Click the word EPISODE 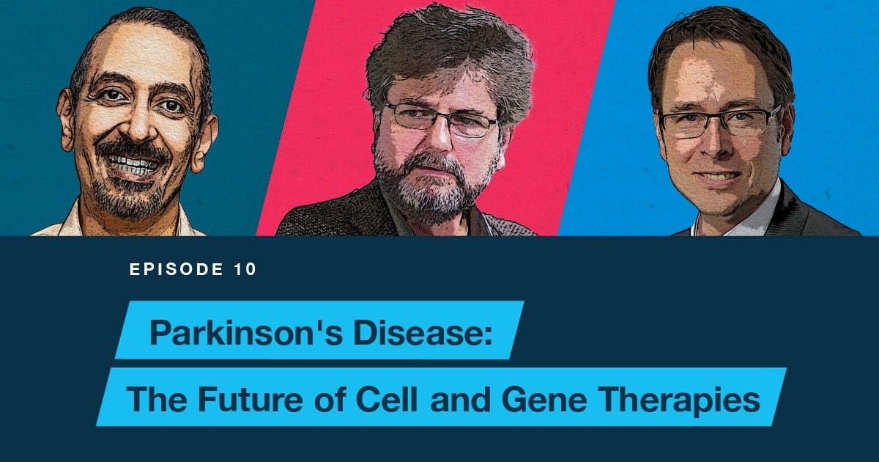[x=177, y=269]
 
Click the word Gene [x=544, y=400]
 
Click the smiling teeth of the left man [x=133, y=163]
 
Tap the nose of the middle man [x=441, y=136]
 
